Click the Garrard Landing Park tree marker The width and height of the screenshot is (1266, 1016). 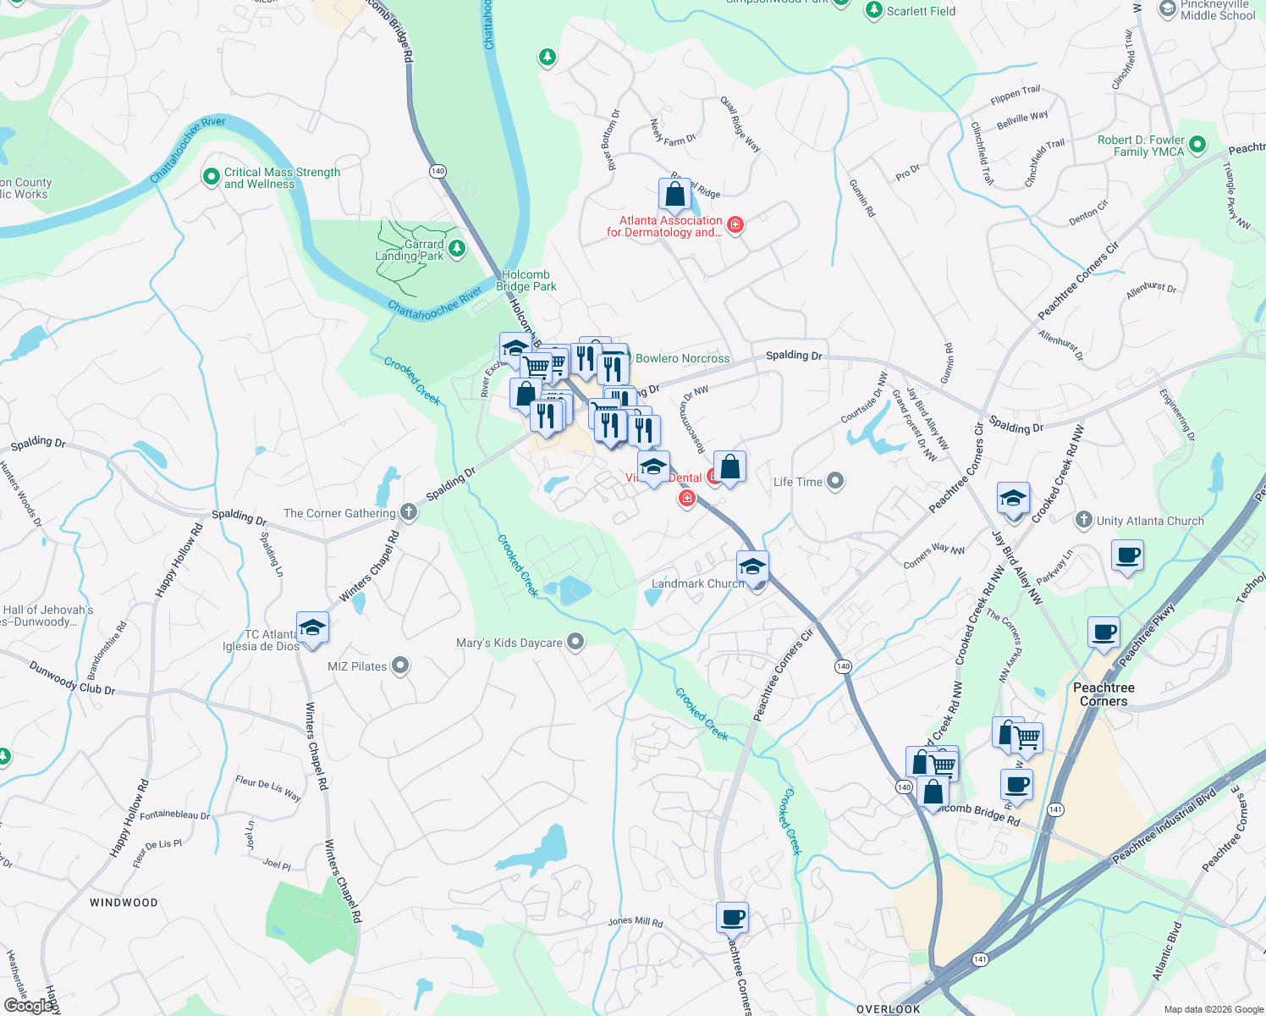point(457,248)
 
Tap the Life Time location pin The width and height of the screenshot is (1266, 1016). point(835,482)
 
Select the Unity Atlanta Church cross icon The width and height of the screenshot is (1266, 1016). point(1084,520)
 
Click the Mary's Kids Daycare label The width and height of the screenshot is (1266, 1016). point(509,643)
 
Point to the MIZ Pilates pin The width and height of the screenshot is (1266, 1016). point(400,666)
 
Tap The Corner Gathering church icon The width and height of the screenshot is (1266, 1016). point(409,511)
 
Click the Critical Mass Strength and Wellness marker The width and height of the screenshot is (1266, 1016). point(211,176)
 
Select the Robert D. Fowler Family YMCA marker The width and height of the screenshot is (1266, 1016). point(1197,145)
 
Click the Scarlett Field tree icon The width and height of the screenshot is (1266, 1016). point(873,10)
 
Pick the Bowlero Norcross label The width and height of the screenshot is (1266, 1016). point(682,359)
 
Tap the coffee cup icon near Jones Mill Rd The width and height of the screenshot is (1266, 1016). point(732,917)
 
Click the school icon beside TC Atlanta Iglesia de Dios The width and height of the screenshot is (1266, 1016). point(312,628)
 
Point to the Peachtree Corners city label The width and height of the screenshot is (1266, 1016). point(1104,694)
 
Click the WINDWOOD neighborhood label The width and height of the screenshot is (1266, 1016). point(124,903)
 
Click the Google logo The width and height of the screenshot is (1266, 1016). point(29,1005)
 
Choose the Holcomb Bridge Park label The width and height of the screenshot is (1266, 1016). point(526,280)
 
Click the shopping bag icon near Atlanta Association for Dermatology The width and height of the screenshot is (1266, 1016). point(675,196)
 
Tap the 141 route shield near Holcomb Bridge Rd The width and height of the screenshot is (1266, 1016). point(1054,809)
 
